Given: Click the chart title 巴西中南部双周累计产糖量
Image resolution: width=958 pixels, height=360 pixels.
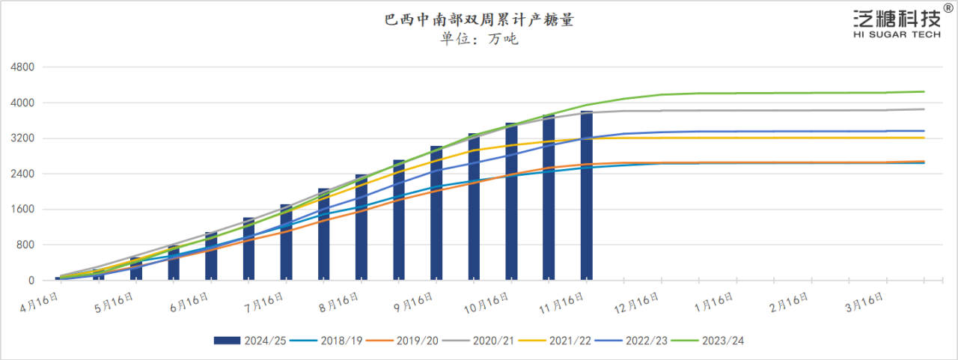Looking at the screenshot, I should pos(479,20).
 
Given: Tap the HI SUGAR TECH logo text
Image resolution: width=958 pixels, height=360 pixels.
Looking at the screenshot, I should pos(897,35).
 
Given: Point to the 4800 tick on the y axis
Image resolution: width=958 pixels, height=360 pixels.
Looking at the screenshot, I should pos(23,67).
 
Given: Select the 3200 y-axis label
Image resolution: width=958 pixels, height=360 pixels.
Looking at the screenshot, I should pos(23,138).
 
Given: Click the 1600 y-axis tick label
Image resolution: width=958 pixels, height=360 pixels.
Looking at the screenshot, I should pos(23,210).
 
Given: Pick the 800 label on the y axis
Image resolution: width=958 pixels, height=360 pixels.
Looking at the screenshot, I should pos(26,245).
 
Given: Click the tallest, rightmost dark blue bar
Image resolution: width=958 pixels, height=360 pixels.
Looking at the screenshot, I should pos(587,196).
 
